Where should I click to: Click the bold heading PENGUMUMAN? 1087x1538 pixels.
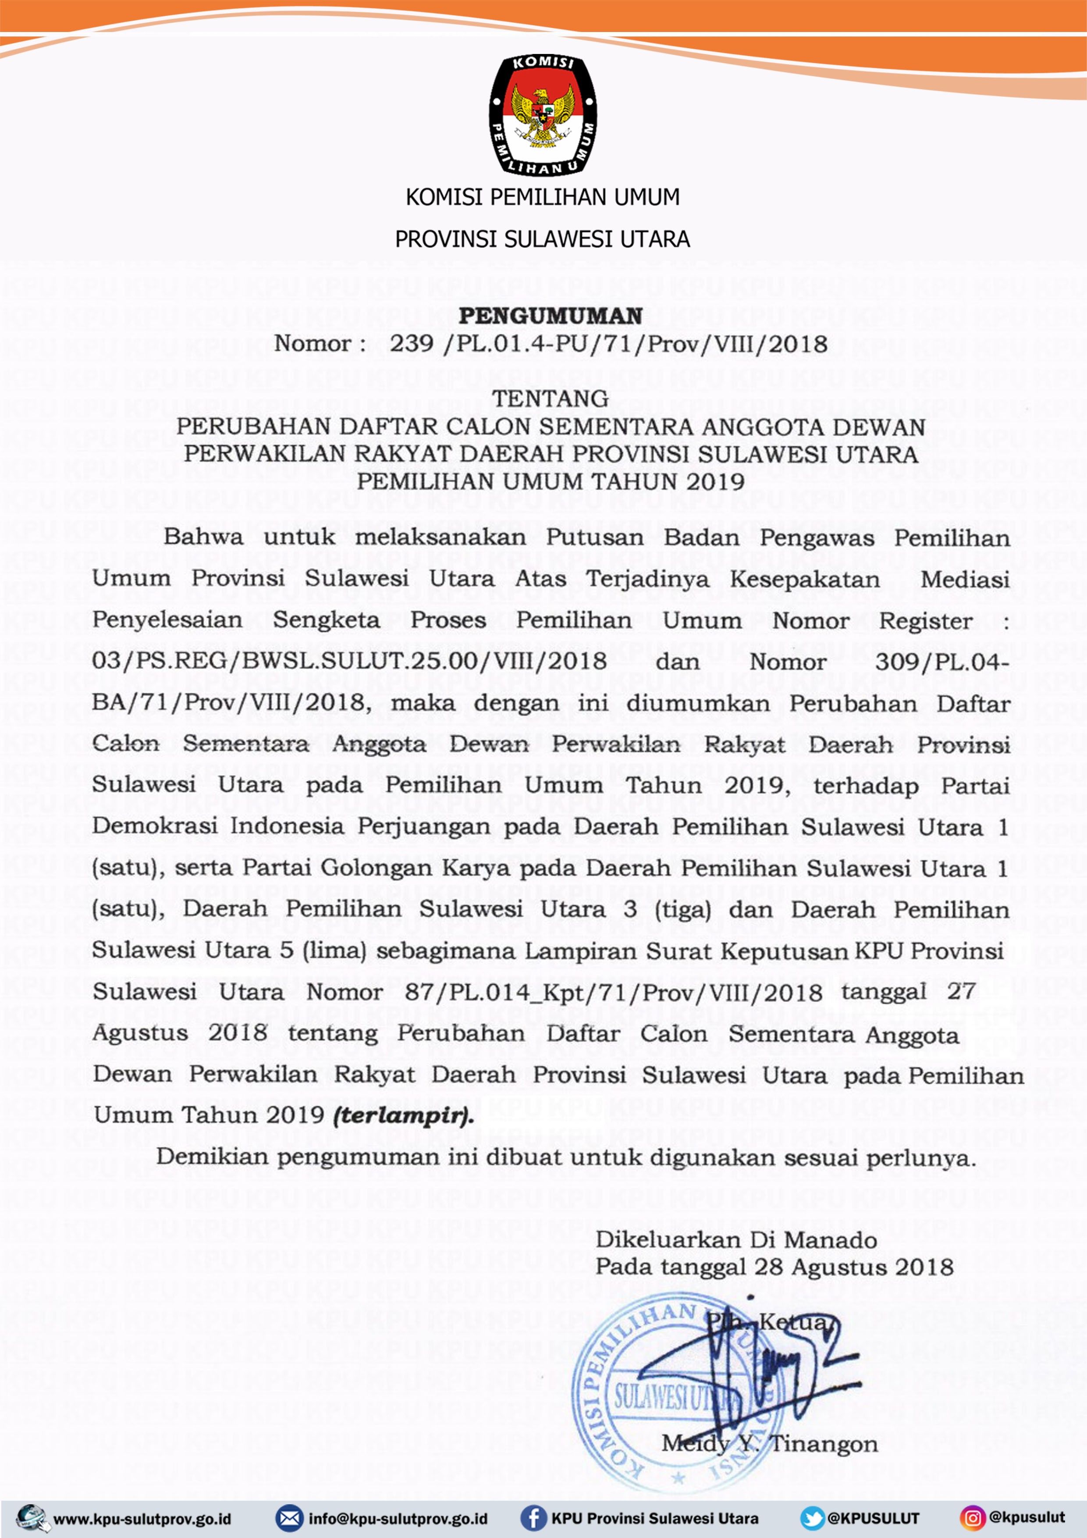pyautogui.click(x=550, y=316)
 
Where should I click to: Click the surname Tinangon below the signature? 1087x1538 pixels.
pyautogui.click(x=823, y=1444)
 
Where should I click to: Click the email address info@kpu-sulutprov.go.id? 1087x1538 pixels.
pyautogui.click(x=398, y=1519)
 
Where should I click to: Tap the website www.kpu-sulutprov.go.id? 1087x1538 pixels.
pyautogui.click(x=142, y=1519)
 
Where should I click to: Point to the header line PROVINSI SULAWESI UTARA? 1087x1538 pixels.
pyautogui.click(x=543, y=239)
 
